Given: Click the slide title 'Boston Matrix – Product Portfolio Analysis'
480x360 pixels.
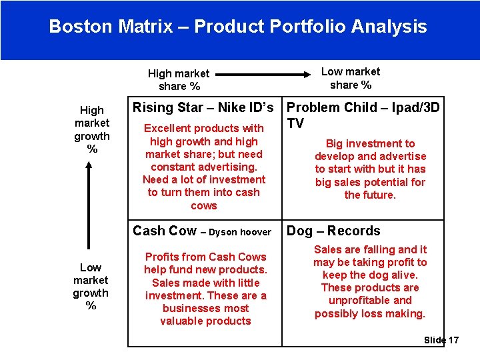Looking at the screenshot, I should (x=238, y=27).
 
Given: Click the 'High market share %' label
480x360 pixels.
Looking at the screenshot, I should (x=178, y=80).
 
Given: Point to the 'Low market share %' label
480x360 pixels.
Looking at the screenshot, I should (x=350, y=78).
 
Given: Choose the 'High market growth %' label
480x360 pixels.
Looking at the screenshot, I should (x=92, y=129).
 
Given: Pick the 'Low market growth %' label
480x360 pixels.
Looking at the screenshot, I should (x=91, y=287).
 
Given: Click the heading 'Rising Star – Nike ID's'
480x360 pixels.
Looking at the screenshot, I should (x=203, y=107).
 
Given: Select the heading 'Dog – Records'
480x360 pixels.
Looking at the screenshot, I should (x=333, y=231).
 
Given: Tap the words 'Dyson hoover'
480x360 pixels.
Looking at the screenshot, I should (x=240, y=233).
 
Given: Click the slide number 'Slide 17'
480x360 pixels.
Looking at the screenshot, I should (x=441, y=340).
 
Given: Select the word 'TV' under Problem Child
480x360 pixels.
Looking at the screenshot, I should (x=295, y=123).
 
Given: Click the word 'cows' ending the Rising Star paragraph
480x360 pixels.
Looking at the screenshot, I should (x=204, y=205).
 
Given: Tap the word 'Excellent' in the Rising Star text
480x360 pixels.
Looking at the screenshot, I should (x=167, y=128).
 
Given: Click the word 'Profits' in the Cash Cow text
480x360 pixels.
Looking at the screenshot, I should (x=162, y=257).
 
